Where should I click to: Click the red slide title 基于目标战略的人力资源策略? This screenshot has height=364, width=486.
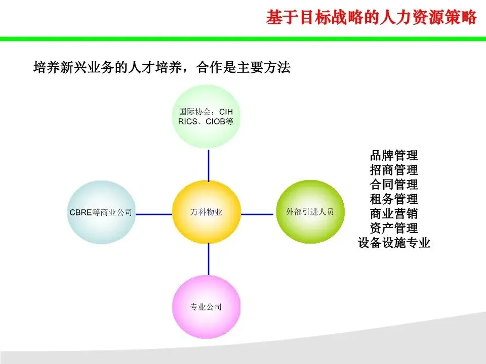pos(372,18)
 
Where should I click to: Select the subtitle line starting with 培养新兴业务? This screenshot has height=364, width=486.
pos(161,67)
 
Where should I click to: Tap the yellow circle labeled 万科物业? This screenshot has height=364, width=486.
pos(206,212)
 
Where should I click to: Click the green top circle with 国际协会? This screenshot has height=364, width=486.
pos(206,117)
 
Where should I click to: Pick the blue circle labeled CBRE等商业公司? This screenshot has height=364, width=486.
pos(101,213)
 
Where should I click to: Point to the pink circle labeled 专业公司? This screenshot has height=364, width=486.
pos(206,306)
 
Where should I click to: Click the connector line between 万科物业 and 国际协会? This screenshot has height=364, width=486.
pos(208,165)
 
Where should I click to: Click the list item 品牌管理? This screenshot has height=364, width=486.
pos(394,155)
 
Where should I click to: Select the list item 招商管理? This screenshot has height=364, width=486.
pos(394,169)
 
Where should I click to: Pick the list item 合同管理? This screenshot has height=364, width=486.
pos(394,184)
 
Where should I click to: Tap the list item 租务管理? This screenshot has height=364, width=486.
pos(394,199)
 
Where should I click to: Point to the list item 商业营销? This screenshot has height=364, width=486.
pos(394,213)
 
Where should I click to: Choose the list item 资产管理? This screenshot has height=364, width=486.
pos(394,228)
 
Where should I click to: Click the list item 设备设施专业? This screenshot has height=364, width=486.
pos(394,243)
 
